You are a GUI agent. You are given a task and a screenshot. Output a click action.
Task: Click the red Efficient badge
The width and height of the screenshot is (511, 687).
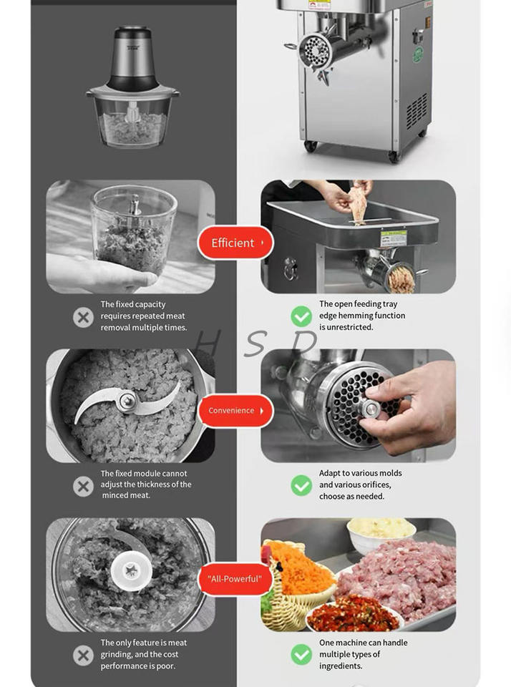click(235, 243)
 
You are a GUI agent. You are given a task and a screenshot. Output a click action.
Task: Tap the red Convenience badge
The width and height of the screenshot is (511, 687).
click(235, 411)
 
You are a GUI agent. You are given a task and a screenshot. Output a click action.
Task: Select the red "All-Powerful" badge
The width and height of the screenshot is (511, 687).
click(235, 579)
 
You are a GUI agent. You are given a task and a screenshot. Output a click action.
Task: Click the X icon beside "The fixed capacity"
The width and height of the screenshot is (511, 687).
click(83, 317)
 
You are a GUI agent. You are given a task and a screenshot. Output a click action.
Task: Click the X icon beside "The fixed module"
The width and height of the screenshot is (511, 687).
click(83, 486)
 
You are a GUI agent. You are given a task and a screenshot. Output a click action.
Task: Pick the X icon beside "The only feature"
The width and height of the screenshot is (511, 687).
click(83, 655)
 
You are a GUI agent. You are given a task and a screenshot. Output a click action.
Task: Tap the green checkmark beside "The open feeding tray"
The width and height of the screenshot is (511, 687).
click(301, 316)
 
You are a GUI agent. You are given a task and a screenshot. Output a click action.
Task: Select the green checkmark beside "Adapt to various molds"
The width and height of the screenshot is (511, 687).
click(301, 485)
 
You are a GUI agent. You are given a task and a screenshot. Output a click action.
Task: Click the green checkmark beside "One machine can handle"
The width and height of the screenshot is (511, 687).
click(301, 655)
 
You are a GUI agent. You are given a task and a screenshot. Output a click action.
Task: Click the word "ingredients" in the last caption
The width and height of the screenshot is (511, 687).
click(341, 666)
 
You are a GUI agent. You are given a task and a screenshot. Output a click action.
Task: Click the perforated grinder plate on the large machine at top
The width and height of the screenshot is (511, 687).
click(315, 52)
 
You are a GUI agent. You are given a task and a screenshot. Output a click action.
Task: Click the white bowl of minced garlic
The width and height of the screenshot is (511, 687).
click(381, 534)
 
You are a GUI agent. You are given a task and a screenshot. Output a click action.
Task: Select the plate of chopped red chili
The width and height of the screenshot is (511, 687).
click(354, 614)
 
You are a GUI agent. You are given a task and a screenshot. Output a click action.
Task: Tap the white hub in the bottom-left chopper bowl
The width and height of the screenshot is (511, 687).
click(131, 571)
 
